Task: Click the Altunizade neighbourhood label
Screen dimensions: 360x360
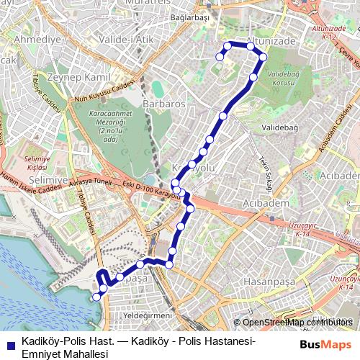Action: [x=271, y=42]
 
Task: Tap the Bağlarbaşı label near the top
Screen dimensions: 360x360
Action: [x=190, y=17]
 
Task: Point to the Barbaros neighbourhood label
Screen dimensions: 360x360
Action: [x=163, y=104]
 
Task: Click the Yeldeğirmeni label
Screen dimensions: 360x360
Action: [x=148, y=315]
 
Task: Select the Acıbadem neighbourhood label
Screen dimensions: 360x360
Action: [x=268, y=203]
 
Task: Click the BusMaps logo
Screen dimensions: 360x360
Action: [x=325, y=344]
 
